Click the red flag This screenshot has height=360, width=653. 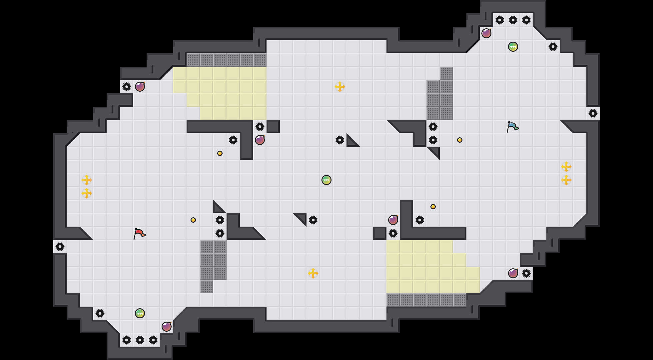point(139,233)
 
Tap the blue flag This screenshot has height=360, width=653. point(512,127)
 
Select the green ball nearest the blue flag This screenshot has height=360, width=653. point(513,47)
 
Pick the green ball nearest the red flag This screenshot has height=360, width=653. point(140,313)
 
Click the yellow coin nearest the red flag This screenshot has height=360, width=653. point(193,220)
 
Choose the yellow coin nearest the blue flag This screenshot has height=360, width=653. point(460,140)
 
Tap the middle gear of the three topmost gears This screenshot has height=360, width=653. point(513,20)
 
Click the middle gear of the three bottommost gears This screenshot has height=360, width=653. point(140,340)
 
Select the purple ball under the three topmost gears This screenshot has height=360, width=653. point(486,33)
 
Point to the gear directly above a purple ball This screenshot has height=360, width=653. point(260,127)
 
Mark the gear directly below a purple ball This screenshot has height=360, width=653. point(393,233)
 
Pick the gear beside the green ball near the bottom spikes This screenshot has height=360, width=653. point(100,313)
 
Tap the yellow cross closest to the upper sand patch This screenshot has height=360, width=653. point(340,87)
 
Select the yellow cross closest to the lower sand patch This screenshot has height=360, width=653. point(313,273)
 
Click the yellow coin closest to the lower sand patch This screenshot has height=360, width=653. point(433,207)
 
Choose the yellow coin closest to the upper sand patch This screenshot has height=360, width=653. point(220,153)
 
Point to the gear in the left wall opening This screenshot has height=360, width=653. point(60,247)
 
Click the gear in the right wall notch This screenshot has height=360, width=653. point(593,113)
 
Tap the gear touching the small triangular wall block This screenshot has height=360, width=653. point(340,140)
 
